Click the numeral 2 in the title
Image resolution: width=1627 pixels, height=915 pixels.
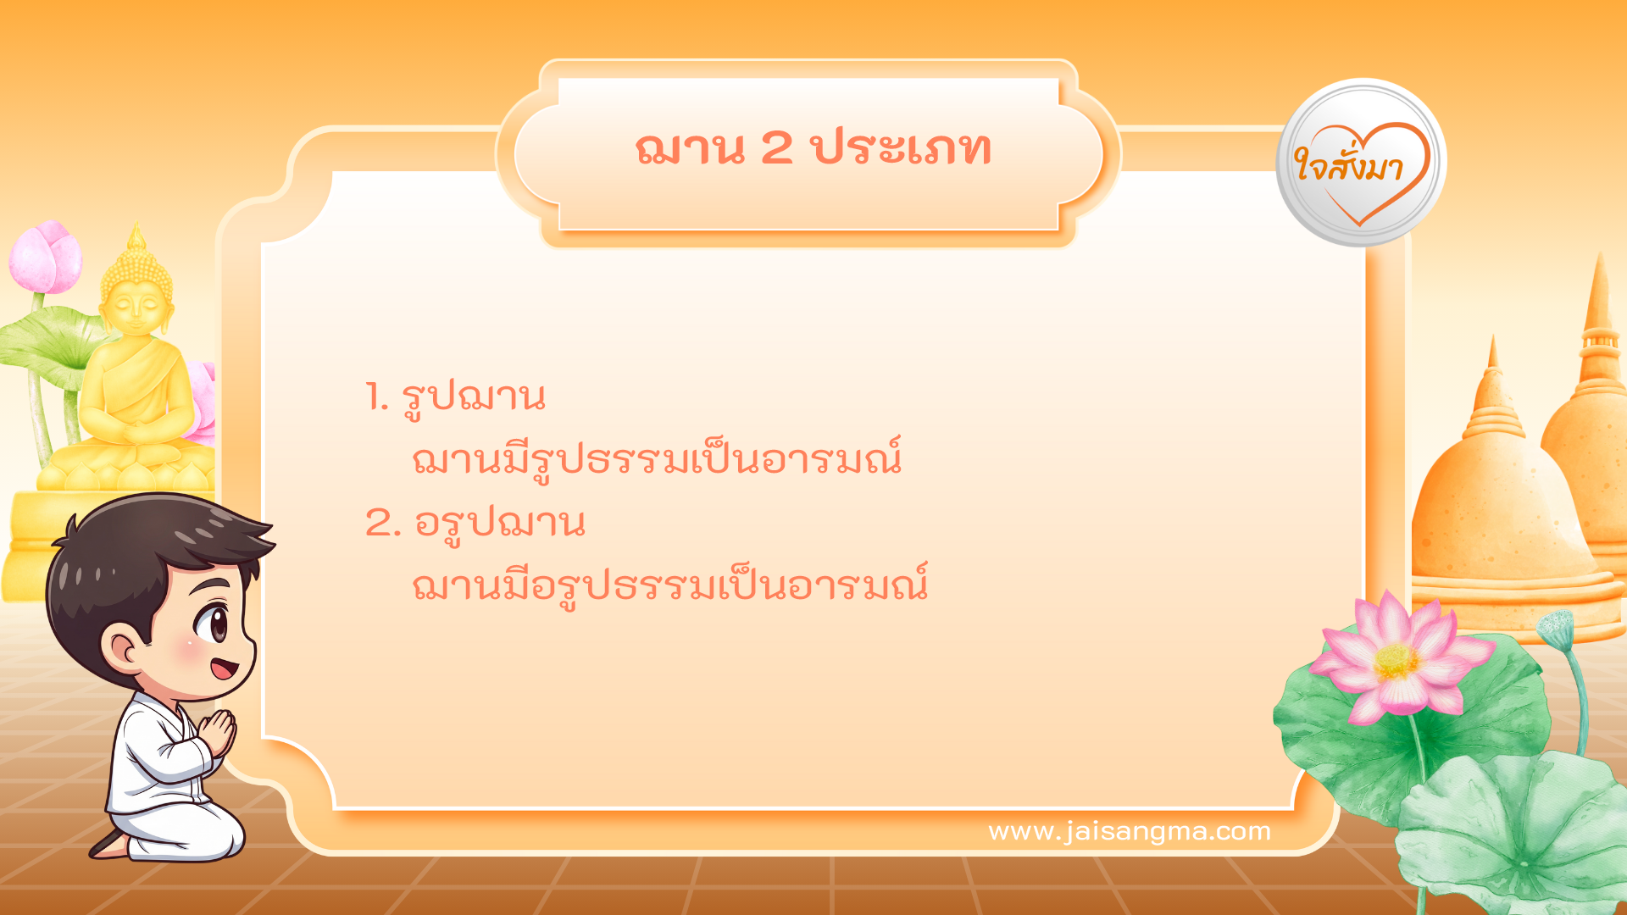coord(776,148)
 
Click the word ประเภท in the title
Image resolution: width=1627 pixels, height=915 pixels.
coord(902,148)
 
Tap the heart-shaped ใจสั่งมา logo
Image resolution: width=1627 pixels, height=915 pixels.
coord(1361,164)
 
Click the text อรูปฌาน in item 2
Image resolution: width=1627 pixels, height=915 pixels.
coord(500,523)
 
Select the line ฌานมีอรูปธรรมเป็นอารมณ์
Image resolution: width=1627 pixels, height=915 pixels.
coord(669,585)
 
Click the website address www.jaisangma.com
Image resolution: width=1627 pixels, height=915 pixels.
coord(1130,831)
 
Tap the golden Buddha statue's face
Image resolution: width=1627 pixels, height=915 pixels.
coord(136,305)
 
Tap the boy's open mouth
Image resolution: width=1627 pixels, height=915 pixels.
coord(224,670)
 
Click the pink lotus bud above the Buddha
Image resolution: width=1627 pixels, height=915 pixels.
coord(47,256)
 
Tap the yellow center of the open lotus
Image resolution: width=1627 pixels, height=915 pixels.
coord(1396,661)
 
